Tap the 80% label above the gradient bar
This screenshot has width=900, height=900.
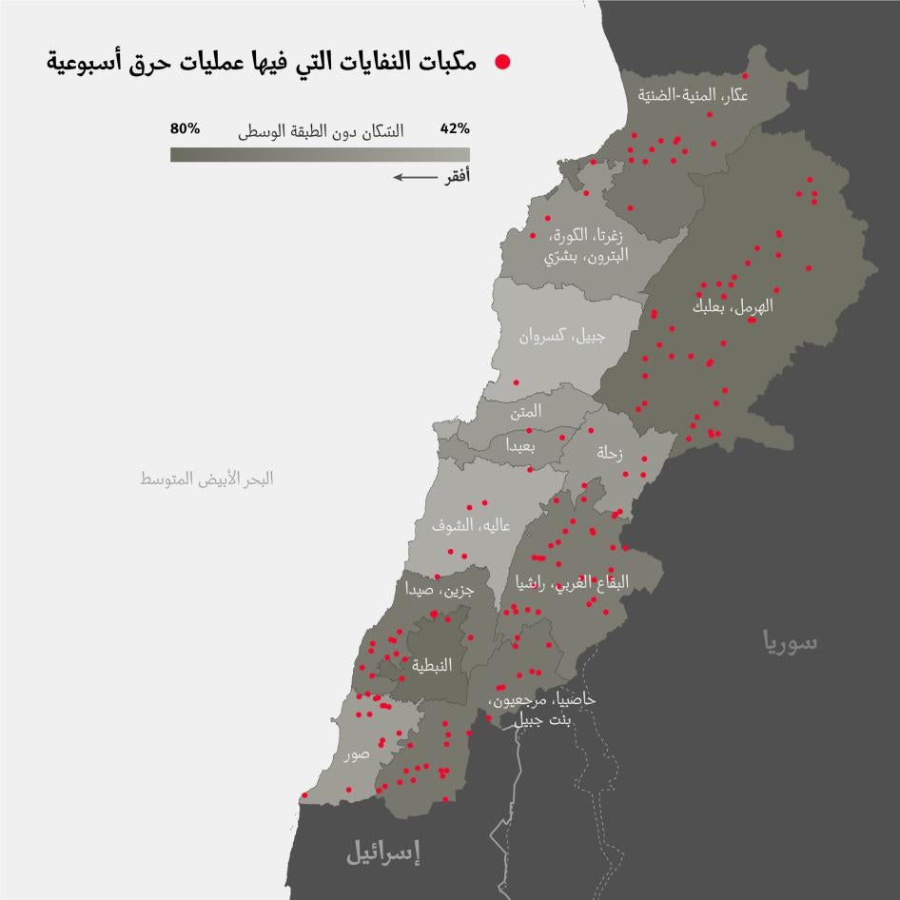[185, 128]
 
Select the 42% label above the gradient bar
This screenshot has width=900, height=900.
[455, 128]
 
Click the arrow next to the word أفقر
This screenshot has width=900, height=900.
[413, 176]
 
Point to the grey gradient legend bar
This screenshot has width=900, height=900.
[320, 153]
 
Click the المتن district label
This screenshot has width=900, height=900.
[526, 412]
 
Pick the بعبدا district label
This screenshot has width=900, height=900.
[520, 446]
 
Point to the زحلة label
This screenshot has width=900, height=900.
[609, 454]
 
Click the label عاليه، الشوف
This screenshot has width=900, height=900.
[470, 525]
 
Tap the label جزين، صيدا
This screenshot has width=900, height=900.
[434, 590]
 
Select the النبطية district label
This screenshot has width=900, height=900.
[432, 666]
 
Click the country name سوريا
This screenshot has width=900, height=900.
[789, 642]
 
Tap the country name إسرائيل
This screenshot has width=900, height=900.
[382, 851]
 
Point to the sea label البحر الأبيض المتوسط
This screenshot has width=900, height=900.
[206, 479]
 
